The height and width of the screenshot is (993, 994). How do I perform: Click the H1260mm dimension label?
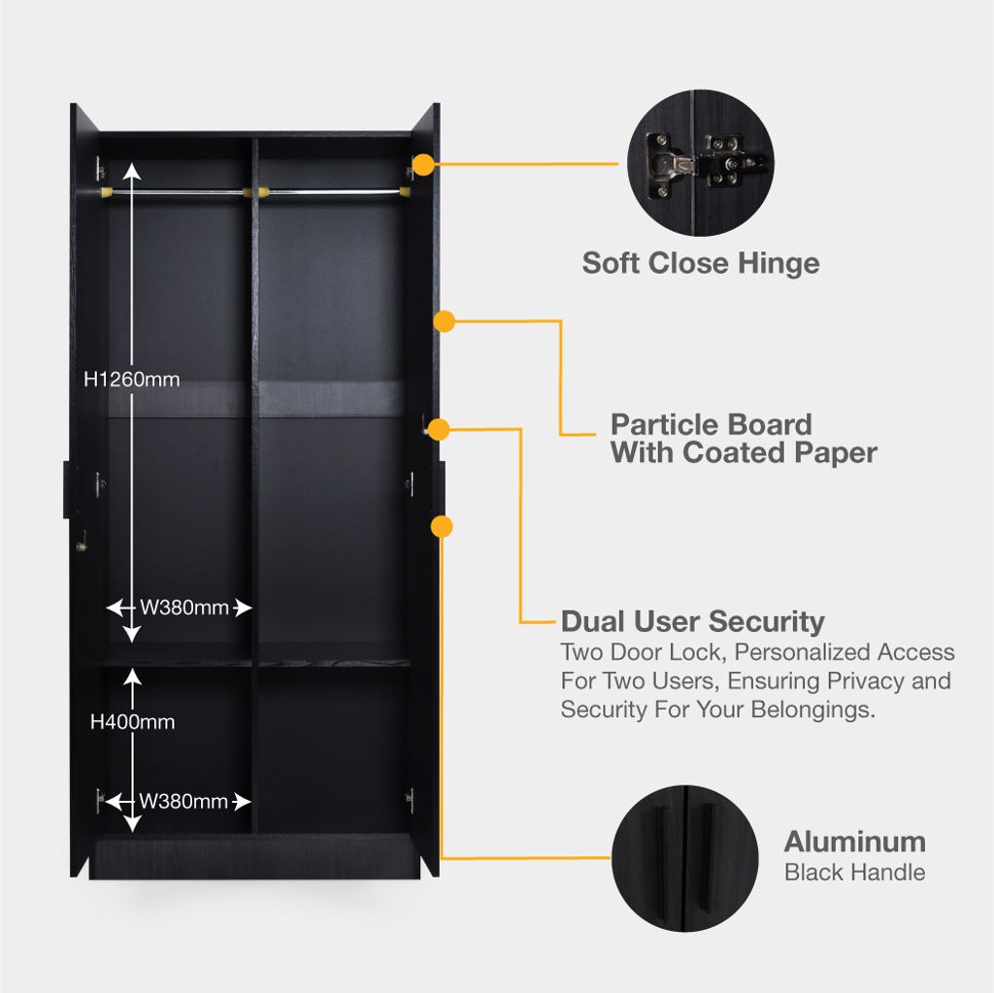pos(132,380)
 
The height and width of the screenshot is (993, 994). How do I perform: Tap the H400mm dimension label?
pos(132,721)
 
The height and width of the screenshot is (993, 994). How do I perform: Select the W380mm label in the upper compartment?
pos(184,608)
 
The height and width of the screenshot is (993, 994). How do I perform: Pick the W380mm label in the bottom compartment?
pos(183,802)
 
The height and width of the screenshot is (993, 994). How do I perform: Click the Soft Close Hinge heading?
pos(700,263)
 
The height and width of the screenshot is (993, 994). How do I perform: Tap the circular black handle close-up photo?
pos(685,859)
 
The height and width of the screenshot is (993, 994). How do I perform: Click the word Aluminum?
pos(854,842)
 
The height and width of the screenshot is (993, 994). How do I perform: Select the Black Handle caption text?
pos(854,872)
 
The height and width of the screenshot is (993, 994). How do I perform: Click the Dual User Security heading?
pos(692,621)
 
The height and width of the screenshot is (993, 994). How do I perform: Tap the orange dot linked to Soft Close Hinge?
pos(423,164)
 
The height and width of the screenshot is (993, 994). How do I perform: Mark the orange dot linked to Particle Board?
pos(444,320)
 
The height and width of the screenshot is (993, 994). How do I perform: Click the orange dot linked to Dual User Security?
pos(438,429)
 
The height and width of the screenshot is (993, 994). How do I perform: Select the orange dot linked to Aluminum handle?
pos(442,527)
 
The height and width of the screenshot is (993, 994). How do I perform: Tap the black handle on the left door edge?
pos(66,489)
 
